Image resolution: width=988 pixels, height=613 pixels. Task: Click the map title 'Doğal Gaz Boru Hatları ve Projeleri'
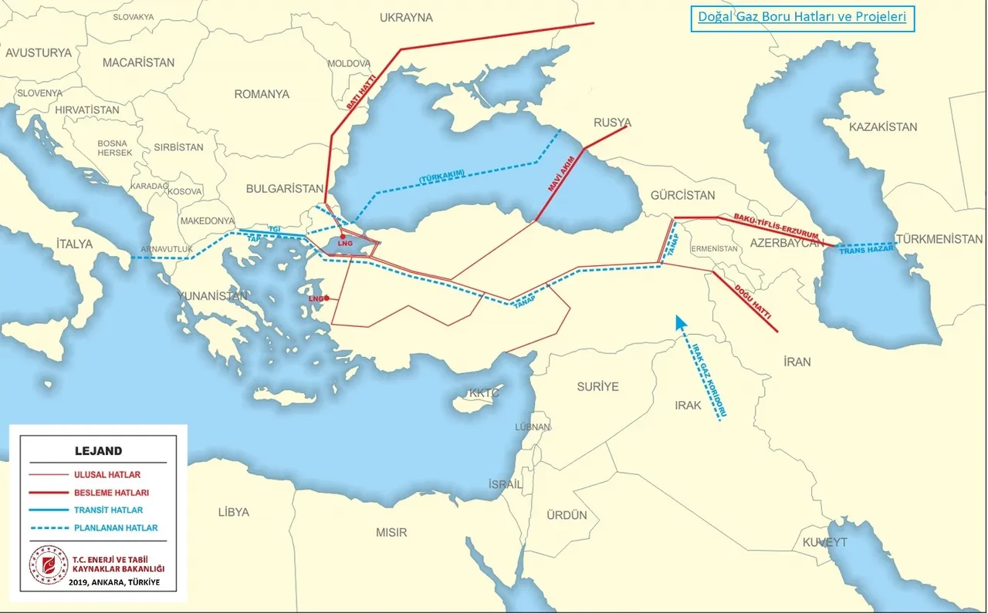[x=802, y=17]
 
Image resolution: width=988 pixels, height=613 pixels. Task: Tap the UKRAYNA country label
[x=407, y=17]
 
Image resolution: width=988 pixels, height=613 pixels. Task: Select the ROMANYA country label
[x=262, y=94]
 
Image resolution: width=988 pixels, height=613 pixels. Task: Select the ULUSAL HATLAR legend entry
[x=107, y=475]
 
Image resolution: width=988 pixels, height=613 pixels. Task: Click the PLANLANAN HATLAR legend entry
[x=116, y=528]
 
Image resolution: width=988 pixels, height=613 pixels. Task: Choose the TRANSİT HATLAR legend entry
[x=109, y=510]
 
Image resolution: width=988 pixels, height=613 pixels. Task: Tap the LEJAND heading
[x=98, y=451]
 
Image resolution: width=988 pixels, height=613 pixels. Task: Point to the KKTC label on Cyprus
[x=485, y=393]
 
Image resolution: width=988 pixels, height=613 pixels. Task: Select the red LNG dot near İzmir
[x=327, y=298]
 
